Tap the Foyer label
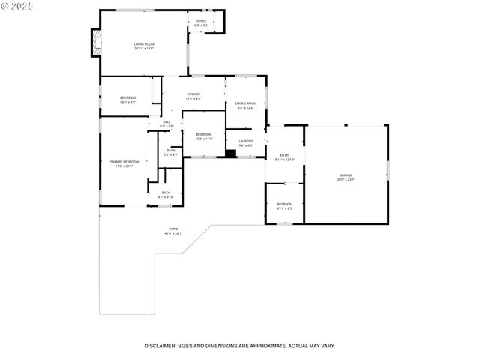(x=201, y=22)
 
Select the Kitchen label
(x=193, y=95)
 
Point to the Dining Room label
(x=246, y=105)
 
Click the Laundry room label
(x=246, y=142)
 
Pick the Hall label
(x=166, y=124)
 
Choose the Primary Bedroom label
(x=124, y=163)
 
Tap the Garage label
(x=346, y=177)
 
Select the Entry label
(x=285, y=157)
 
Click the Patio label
(x=173, y=231)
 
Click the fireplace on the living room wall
(x=94, y=43)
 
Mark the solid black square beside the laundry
(x=231, y=154)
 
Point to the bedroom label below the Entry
(x=285, y=206)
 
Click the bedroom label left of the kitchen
(x=128, y=100)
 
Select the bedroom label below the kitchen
(x=204, y=136)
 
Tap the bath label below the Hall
(x=171, y=152)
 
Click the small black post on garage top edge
(x=346, y=125)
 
